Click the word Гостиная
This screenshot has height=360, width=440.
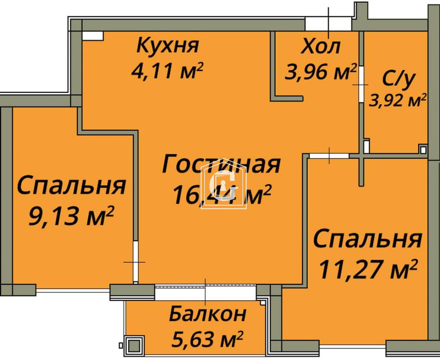[221, 164]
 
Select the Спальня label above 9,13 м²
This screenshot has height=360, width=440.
[71, 186]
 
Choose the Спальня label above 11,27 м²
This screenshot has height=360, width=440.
[367, 239]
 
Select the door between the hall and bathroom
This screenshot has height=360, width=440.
[361, 84]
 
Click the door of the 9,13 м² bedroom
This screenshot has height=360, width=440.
[135, 262]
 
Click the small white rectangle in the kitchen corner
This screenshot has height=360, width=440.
[93, 35]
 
